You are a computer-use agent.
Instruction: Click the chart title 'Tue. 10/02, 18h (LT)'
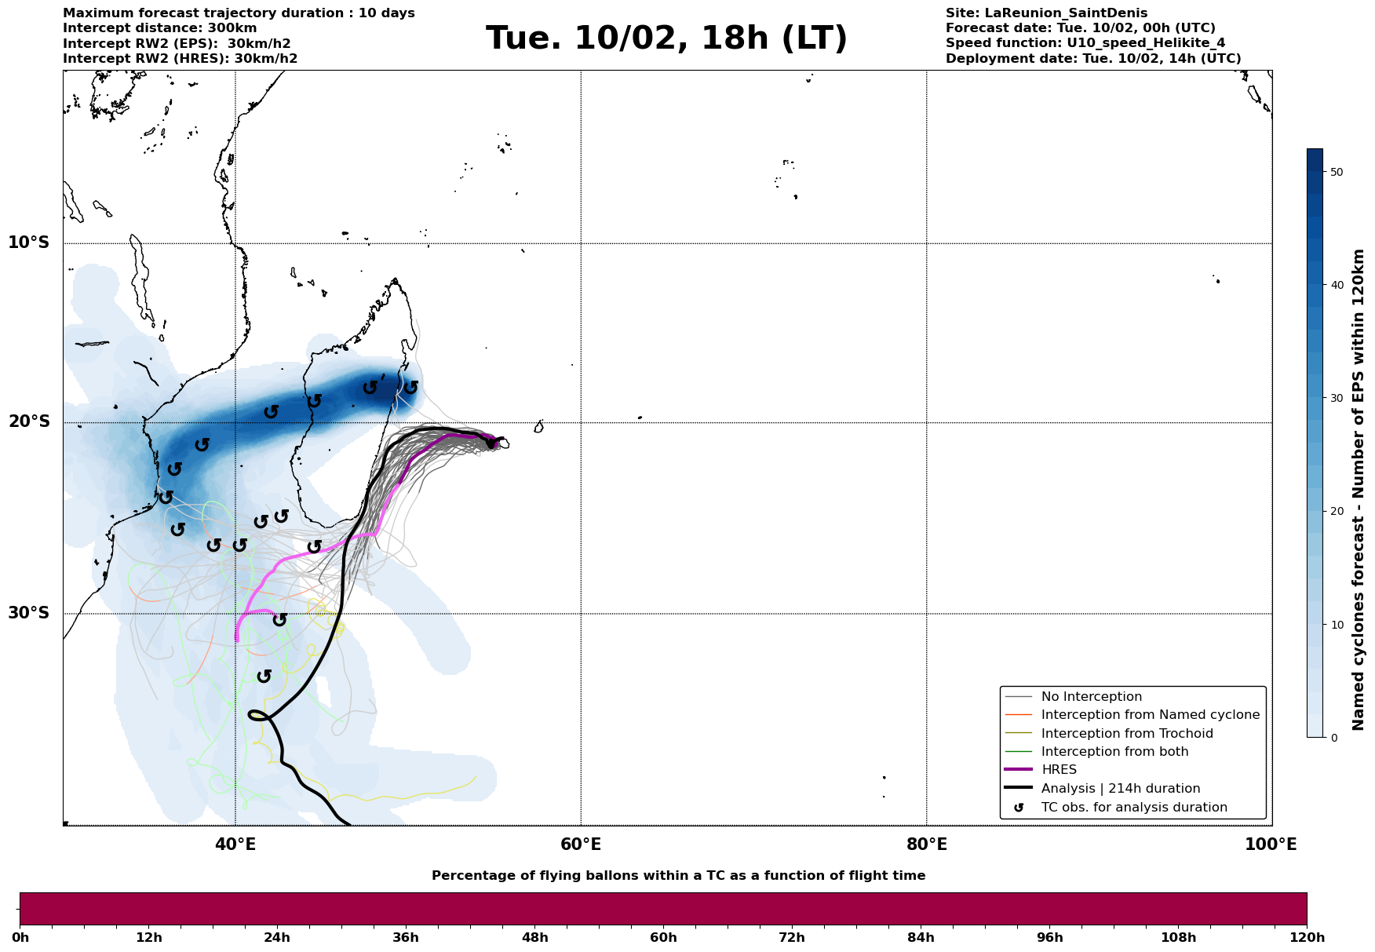tap(666, 38)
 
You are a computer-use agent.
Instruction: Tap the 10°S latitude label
tap(29, 243)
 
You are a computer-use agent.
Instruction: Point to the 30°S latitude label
tap(29, 613)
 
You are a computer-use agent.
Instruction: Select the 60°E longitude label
tap(581, 844)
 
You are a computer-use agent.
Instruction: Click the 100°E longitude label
tap(1271, 844)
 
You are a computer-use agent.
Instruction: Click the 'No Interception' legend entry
tap(1091, 697)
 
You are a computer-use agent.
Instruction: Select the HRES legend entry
tap(1059, 770)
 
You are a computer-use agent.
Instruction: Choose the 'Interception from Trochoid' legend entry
tap(1127, 734)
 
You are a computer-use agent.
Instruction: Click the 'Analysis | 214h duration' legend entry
tap(1121, 789)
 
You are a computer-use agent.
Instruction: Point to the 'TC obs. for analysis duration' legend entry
tap(1134, 808)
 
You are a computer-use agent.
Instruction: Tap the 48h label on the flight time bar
tap(534, 938)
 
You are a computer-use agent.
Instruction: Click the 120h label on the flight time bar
tap(1306, 938)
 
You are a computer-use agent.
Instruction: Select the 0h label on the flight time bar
tap(20, 938)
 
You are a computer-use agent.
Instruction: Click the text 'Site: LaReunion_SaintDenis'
tap(1046, 13)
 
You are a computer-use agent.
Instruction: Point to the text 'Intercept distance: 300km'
tap(159, 28)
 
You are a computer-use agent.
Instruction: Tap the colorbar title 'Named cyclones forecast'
tap(1359, 490)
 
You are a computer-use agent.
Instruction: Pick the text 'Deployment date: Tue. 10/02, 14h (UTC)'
tap(1093, 59)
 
